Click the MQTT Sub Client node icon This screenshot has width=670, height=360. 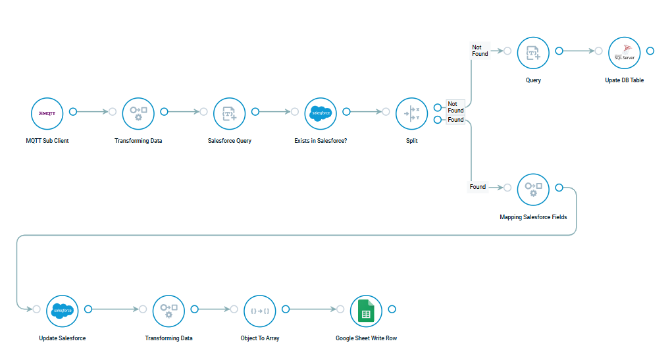(47, 113)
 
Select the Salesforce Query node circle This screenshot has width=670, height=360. (229, 113)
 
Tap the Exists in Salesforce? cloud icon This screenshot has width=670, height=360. (321, 113)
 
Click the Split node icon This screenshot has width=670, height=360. (411, 113)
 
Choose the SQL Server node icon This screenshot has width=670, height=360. (624, 53)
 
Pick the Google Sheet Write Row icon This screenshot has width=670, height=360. (366, 311)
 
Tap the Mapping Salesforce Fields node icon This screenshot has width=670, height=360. (533, 189)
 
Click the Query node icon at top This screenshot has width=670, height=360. (533, 53)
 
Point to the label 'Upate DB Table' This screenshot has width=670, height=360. (624, 80)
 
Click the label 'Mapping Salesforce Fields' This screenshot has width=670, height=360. (533, 217)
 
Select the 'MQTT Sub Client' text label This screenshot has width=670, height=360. (47, 141)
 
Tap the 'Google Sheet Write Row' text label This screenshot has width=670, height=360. (366, 338)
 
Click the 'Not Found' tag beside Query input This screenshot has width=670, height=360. (480, 51)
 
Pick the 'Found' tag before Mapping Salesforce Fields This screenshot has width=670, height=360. (478, 187)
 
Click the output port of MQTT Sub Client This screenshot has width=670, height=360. (73, 112)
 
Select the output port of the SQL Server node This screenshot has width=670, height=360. (650, 51)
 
